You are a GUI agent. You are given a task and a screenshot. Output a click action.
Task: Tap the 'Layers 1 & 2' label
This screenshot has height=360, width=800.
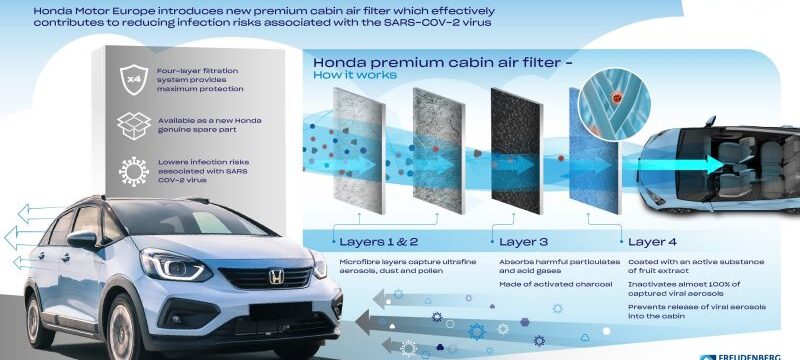tap(377, 241)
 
